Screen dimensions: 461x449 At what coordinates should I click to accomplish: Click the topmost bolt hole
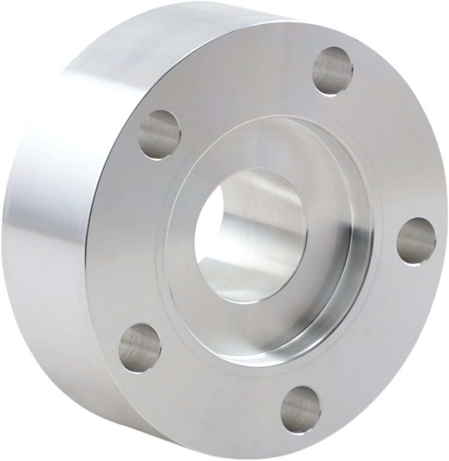(333, 71)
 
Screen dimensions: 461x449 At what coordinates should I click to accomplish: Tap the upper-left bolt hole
(160, 135)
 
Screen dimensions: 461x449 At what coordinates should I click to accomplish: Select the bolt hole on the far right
(416, 241)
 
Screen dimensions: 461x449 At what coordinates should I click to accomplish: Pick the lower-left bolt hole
(139, 348)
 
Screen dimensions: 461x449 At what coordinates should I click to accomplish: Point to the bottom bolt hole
(300, 410)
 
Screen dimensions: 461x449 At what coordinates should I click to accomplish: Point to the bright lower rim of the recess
(288, 357)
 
